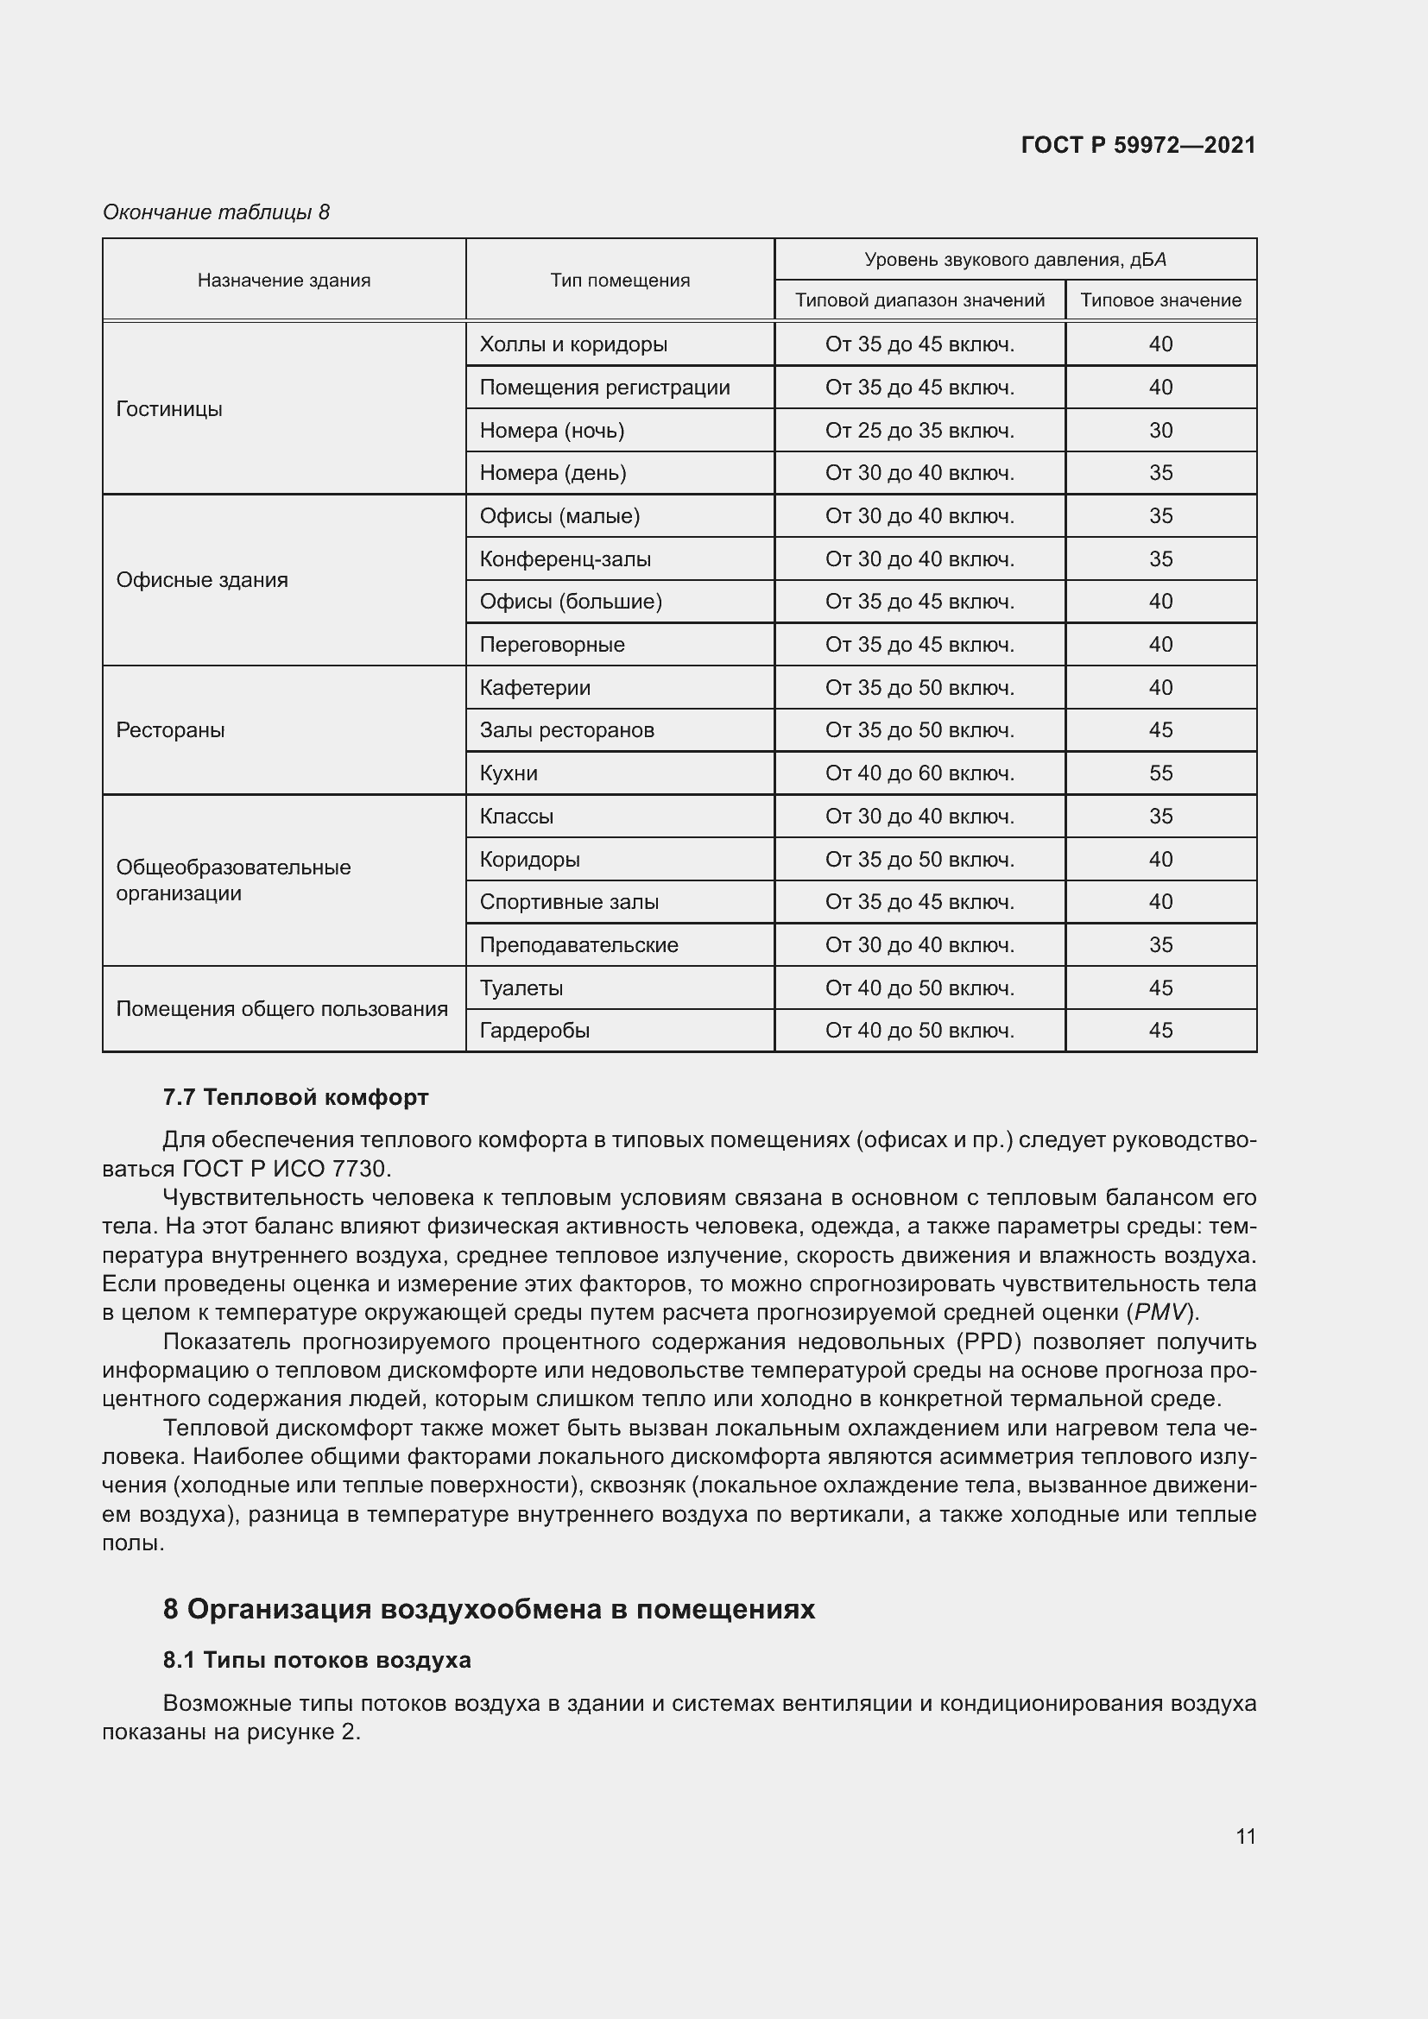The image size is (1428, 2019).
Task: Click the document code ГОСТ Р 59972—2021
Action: pyautogui.click(x=1138, y=145)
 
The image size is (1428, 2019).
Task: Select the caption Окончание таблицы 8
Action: pyautogui.click(x=217, y=212)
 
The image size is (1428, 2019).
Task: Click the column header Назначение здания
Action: pyautogui.click(x=284, y=280)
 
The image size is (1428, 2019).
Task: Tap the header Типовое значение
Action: pyautogui.click(x=1159, y=300)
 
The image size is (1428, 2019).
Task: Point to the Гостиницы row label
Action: pyautogui.click(x=170, y=409)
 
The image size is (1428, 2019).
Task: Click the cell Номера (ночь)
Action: pyautogui.click(x=553, y=430)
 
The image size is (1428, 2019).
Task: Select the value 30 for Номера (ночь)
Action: pyautogui.click(x=1159, y=430)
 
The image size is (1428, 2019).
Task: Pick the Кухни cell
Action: pyautogui.click(x=509, y=773)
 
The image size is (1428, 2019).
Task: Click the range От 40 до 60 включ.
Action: pyautogui.click(x=919, y=773)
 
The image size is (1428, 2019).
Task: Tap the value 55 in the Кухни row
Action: pyautogui.click(x=1159, y=773)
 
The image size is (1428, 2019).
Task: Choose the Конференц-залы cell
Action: pyautogui.click(x=566, y=559)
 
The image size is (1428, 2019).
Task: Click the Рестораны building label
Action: pyautogui.click(x=171, y=730)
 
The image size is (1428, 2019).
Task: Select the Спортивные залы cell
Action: pyautogui.click(x=569, y=901)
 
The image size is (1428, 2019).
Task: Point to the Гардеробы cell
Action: pyautogui.click(x=534, y=1030)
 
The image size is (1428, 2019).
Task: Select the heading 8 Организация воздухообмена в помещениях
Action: pyautogui.click(x=489, y=1608)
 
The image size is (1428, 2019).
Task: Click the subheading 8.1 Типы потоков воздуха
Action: pyautogui.click(x=317, y=1659)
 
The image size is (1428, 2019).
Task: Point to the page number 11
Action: pyautogui.click(x=1245, y=1836)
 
